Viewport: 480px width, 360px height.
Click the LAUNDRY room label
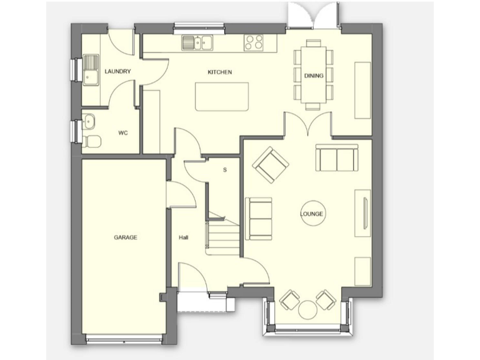pos(118,72)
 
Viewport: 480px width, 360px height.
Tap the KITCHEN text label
pos(220,72)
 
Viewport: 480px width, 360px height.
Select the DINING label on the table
pos(313,76)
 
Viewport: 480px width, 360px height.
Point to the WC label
pos(124,132)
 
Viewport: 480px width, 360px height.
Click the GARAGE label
pos(125,237)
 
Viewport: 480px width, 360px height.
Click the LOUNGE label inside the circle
pos(312,214)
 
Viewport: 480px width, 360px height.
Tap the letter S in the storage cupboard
pos(224,169)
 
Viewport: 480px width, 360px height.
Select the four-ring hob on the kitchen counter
pos(254,42)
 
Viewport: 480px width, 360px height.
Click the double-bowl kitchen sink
pos(198,42)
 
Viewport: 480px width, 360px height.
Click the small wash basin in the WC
pos(88,121)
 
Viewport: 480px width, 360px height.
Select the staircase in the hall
pos(224,236)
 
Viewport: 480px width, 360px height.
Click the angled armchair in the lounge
pos(271,165)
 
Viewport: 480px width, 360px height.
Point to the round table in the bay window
pos(307,310)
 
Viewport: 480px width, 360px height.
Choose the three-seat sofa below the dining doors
pos(336,159)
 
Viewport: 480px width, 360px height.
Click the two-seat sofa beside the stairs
pos(258,218)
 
